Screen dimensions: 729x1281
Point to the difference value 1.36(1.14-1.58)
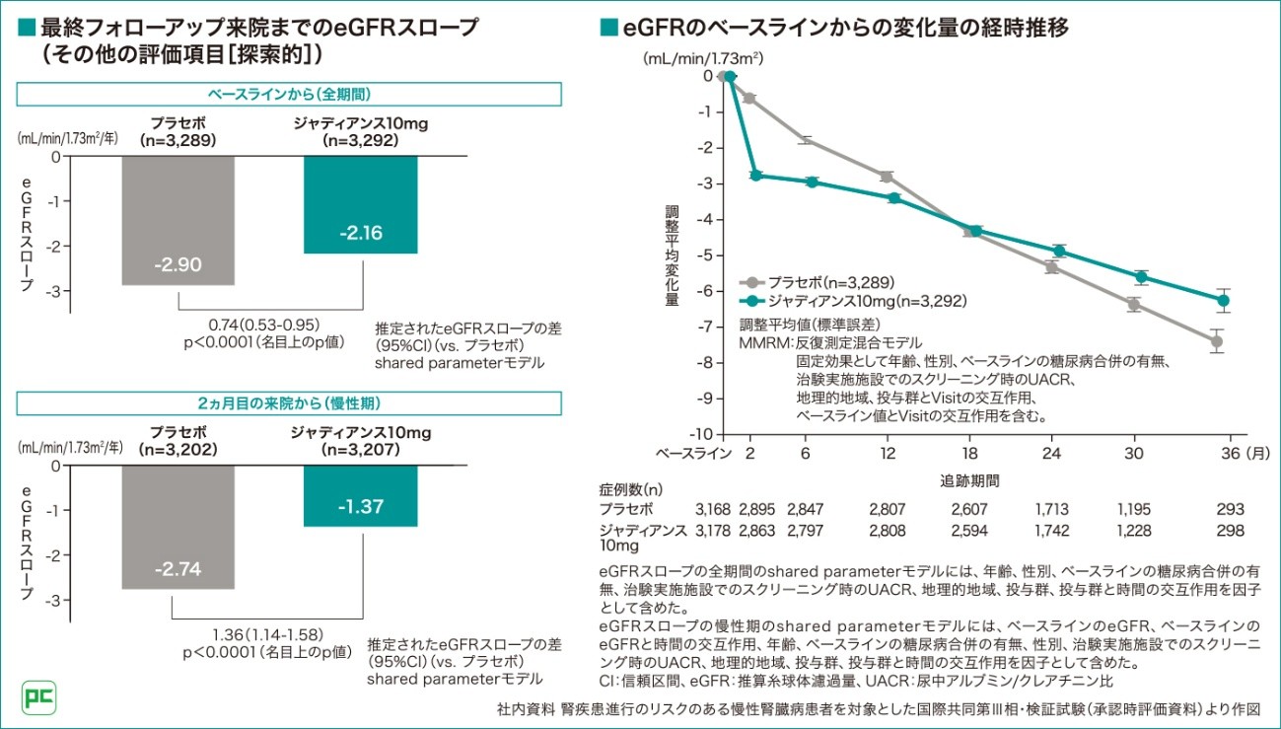pyautogui.click(x=267, y=633)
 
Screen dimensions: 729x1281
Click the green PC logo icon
pyautogui.click(x=39, y=697)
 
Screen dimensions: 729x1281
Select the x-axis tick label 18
pyautogui.click(x=970, y=453)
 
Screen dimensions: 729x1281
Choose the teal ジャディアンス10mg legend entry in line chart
pyautogui.click(x=852, y=300)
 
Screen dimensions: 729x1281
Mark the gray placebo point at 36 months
pyautogui.click(x=1217, y=341)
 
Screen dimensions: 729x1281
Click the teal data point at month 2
pyautogui.click(x=755, y=176)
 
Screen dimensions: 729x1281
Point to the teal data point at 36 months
pyautogui.click(x=1224, y=300)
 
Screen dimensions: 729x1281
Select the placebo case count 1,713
pyautogui.click(x=1052, y=510)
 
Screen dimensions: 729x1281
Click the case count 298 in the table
pyautogui.click(x=1230, y=532)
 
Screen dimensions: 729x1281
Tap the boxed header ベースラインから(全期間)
pyautogui.click(x=288, y=94)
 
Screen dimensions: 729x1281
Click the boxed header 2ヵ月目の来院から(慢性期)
pyautogui.click(x=288, y=403)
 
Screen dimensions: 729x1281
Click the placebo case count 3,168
pyautogui.click(x=711, y=510)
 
